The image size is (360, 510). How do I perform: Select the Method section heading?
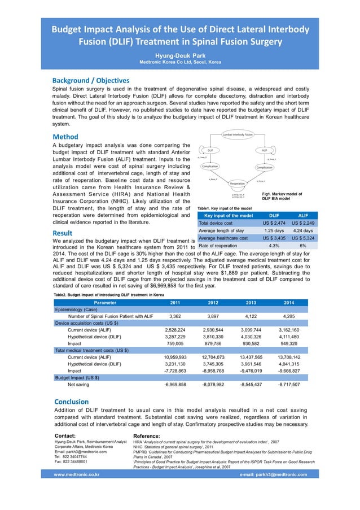click(x=65, y=137)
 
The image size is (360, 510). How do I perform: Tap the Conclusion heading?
click(x=71, y=402)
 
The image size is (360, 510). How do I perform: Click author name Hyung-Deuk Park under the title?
click(x=180, y=55)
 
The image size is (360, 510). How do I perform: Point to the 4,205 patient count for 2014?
click(x=288, y=316)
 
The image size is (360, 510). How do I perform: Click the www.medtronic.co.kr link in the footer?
click(x=77, y=474)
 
